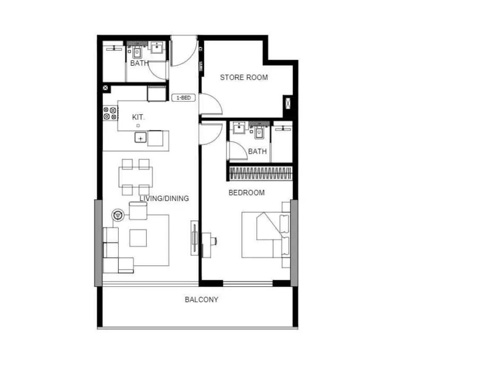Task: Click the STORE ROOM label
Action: (x=244, y=77)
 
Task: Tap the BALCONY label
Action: (x=201, y=299)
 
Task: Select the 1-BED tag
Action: (x=183, y=98)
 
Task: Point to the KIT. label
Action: (x=138, y=117)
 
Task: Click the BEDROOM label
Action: (x=247, y=193)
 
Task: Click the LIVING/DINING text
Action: (x=164, y=198)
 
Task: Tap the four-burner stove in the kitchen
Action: (x=110, y=113)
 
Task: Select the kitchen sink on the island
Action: (x=140, y=138)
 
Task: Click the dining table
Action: (x=135, y=177)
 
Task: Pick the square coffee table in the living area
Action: (x=138, y=238)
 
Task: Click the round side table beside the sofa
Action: (x=118, y=215)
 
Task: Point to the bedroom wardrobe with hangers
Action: (x=260, y=173)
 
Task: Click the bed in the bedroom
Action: (x=266, y=235)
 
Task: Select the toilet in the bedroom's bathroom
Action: (x=259, y=132)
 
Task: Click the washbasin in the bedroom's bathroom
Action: (x=239, y=128)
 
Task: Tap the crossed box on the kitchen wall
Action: (x=106, y=88)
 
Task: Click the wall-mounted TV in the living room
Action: (x=194, y=238)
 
